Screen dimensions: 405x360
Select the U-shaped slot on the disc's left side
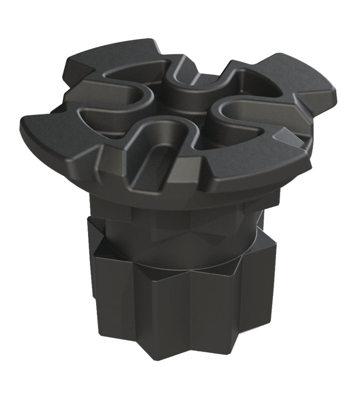coord(113,101)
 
